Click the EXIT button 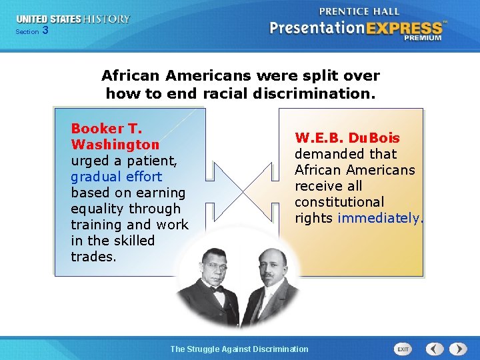pos(403,349)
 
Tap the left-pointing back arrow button pos(435,349)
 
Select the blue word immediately pos(380,218)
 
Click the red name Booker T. pos(107,129)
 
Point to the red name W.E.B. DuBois pos(347,138)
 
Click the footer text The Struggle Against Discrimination pos(239,349)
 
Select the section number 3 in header pos(45,30)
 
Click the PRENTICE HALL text pos(359,11)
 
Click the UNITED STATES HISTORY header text pos(73,19)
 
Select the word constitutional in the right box pos(339,202)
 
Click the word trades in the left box pos(93,257)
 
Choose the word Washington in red pos(115,145)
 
